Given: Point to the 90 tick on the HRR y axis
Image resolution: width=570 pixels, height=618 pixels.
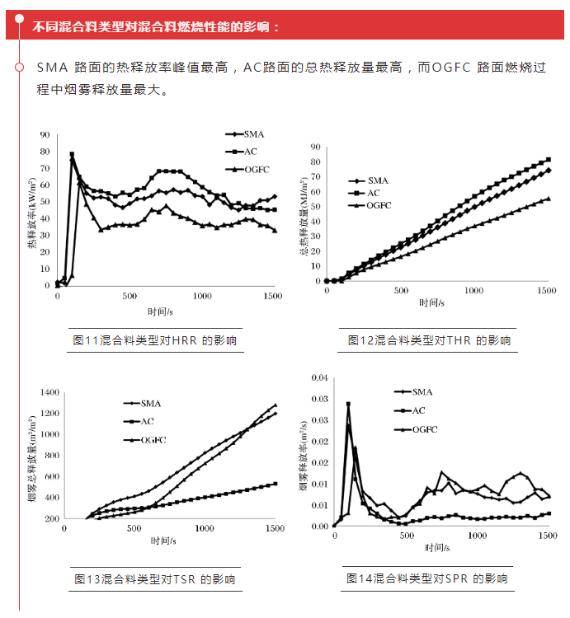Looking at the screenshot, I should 45,134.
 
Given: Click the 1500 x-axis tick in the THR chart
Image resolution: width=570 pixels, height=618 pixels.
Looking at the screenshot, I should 545,291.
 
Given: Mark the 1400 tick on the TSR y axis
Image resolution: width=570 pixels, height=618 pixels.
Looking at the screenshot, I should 51,392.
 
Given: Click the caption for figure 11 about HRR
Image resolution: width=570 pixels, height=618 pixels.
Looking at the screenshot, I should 154,340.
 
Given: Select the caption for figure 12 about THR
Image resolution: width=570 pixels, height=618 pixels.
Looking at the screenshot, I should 429,340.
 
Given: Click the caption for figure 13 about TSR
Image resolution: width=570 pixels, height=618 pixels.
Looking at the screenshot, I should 154,579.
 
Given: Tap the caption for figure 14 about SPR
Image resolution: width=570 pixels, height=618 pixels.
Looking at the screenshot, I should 426,579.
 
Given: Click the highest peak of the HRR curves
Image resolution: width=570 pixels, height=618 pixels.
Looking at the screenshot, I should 72,154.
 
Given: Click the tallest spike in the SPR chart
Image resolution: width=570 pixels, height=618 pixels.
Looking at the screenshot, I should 348,405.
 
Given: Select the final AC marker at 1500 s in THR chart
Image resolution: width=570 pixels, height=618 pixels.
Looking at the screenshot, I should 549,160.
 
